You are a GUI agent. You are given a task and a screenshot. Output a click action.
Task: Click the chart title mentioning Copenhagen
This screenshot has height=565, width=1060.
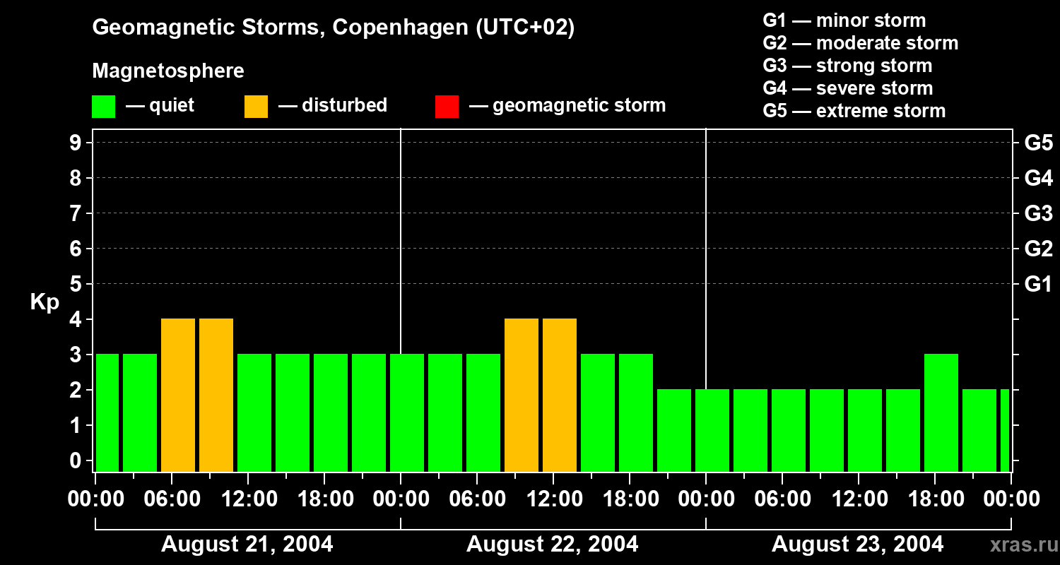[333, 28]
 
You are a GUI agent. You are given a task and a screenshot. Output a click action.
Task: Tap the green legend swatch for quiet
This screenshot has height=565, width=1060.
[103, 107]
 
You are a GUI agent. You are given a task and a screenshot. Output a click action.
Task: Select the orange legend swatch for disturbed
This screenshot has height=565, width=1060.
[256, 107]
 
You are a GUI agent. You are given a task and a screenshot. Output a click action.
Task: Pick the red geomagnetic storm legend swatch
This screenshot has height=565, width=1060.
[447, 107]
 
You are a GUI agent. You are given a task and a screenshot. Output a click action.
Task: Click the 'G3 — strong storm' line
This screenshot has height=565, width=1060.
[847, 66]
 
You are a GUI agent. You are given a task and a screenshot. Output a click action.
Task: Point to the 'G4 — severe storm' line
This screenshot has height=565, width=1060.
[847, 88]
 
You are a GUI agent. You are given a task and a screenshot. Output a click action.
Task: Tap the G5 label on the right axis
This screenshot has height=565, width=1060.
[1038, 143]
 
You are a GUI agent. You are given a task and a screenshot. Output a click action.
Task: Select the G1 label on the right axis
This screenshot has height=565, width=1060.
[1038, 285]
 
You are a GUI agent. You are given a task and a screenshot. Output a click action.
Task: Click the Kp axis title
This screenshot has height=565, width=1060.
[45, 302]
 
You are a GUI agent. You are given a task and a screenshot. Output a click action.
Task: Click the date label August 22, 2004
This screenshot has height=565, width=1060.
[552, 544]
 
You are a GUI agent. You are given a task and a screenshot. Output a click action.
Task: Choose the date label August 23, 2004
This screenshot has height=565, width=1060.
[857, 544]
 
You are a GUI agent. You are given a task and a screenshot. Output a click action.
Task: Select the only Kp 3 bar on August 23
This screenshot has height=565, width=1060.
[941, 412]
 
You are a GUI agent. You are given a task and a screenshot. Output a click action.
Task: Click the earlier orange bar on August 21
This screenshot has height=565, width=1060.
[178, 395]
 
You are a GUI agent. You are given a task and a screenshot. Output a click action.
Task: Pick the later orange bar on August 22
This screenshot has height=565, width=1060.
[560, 395]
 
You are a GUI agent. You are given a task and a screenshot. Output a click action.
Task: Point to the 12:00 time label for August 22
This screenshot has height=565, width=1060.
[555, 499]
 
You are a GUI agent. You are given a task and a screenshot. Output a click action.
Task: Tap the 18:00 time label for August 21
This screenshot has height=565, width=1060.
[326, 499]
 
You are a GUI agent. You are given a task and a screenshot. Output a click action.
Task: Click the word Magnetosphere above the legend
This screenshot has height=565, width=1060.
[168, 71]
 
